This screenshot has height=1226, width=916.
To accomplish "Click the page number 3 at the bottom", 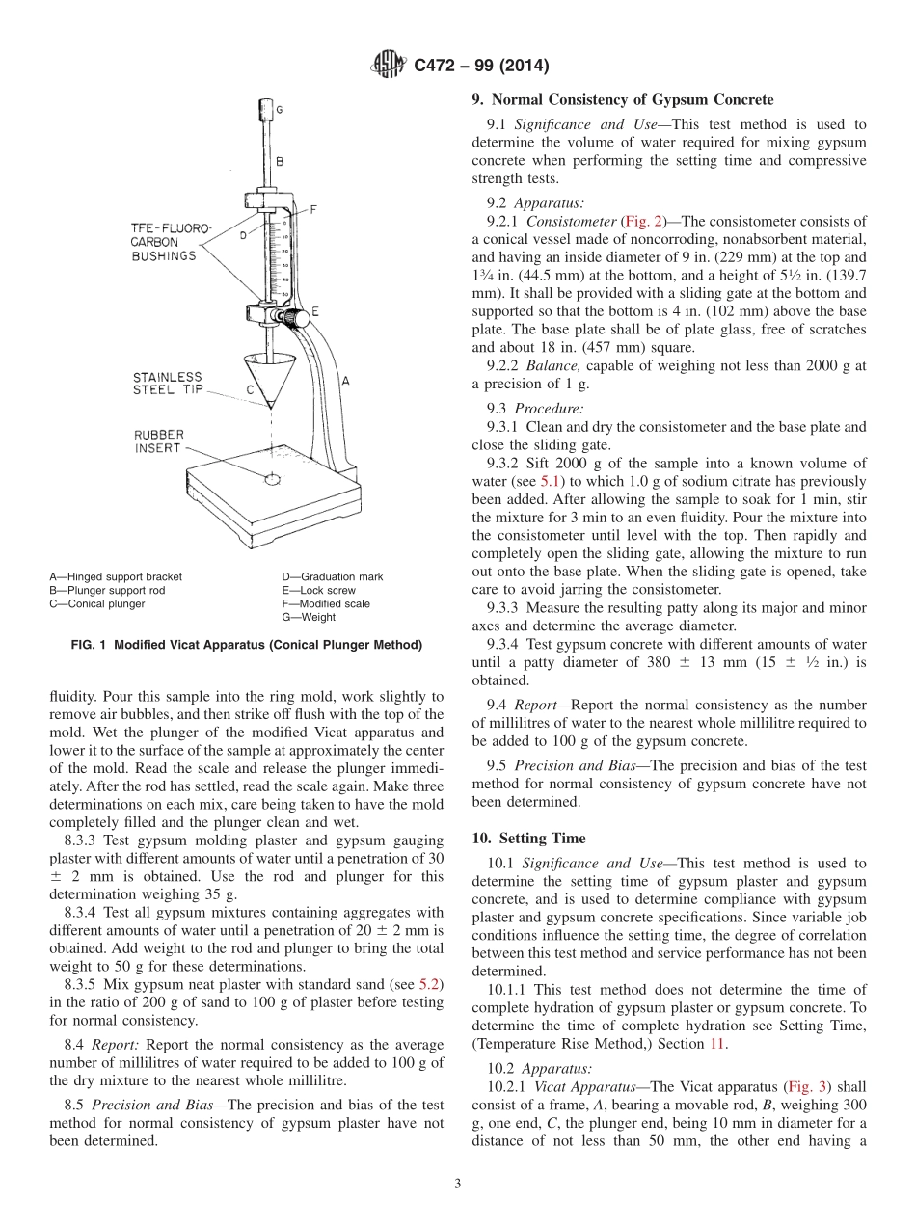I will pos(458,1184).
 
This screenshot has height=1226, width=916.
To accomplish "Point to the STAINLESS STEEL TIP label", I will pos(169,384).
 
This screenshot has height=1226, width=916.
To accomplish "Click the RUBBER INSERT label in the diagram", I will pos(159,441).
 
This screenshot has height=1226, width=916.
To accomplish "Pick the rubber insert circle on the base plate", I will pos(272,478).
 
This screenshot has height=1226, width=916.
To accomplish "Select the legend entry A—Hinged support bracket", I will pos(116,576).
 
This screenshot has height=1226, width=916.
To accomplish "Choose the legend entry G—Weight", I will pos(309,617).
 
